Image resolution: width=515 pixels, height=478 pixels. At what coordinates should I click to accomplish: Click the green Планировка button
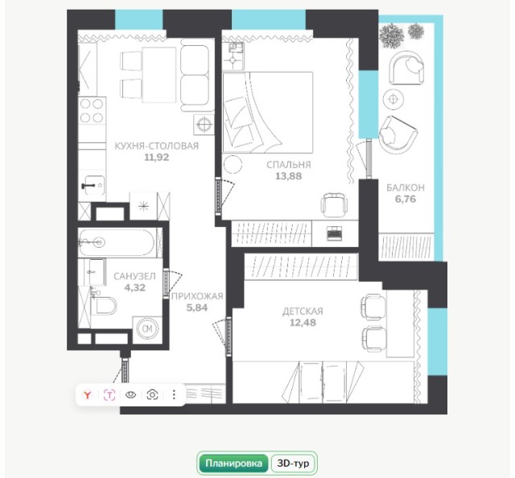tap(234, 464)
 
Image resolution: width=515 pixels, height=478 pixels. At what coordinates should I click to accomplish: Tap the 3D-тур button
tap(293, 464)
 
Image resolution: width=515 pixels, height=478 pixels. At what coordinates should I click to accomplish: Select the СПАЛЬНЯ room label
tap(289, 164)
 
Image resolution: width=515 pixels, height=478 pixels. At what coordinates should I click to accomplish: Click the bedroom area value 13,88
tap(289, 176)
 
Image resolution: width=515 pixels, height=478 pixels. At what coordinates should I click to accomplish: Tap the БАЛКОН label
tap(405, 188)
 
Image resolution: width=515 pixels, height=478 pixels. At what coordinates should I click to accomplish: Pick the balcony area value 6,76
tap(405, 200)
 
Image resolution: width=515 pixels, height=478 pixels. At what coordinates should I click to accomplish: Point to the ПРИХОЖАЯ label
tap(197, 296)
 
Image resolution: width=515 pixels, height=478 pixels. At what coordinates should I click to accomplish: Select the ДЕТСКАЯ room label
tap(303, 311)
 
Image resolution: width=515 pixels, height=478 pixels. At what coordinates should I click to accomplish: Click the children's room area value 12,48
tap(303, 323)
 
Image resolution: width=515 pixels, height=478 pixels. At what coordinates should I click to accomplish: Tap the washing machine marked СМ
tap(147, 328)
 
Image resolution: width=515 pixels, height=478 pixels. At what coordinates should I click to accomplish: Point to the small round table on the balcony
tap(393, 99)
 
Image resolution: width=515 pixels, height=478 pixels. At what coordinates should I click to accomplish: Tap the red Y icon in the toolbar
tap(87, 394)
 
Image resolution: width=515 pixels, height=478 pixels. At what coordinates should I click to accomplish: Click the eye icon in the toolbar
tap(130, 394)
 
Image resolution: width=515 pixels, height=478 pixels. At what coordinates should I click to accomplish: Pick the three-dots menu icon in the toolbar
tap(174, 394)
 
